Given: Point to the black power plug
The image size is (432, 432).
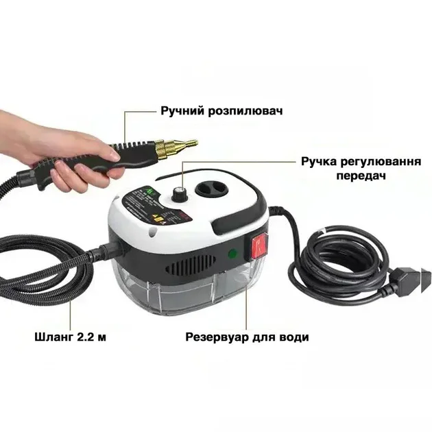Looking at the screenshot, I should (409, 277).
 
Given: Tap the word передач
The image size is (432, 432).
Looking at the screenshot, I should (360, 176).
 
